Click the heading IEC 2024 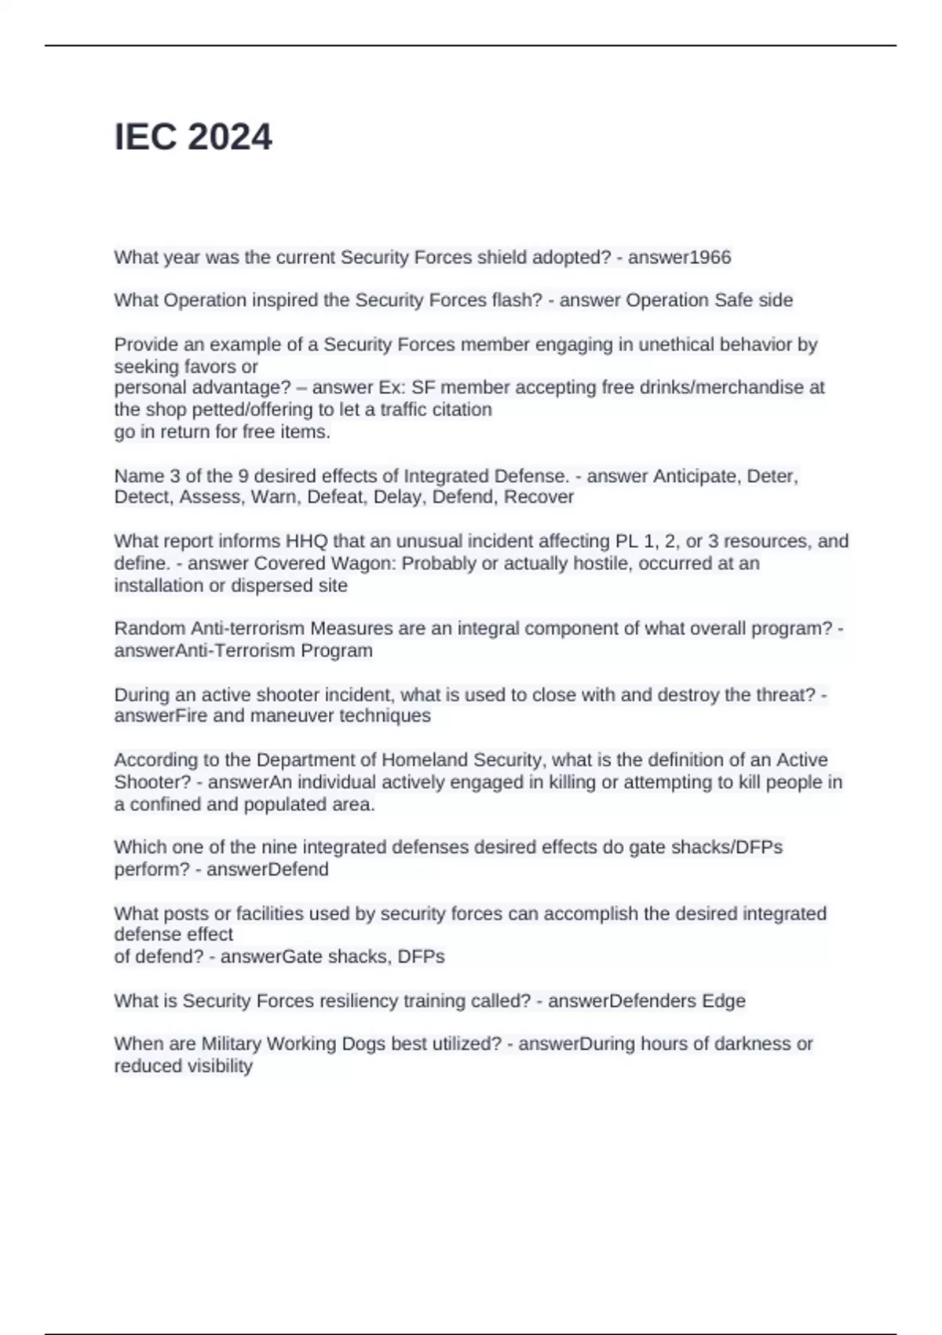coord(193,137)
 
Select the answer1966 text coord(679,258)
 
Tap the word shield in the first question coord(502,258)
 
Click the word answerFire coord(160,715)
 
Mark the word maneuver coord(290,715)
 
